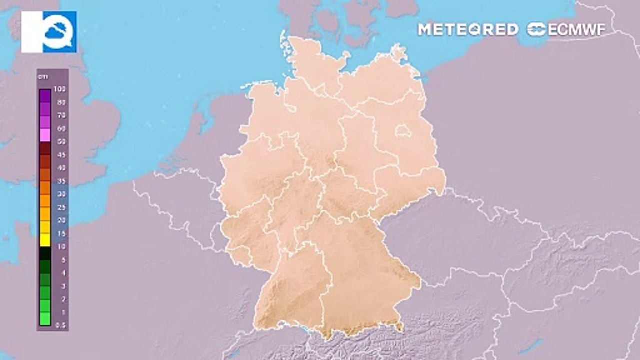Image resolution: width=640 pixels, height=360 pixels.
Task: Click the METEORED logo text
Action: (468, 29)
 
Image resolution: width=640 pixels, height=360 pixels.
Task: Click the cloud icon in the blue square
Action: (59, 32)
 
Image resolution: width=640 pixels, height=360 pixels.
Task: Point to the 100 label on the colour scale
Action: (62, 89)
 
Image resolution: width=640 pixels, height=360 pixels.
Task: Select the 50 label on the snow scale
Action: (62, 141)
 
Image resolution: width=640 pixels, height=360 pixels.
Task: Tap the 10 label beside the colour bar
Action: (62, 246)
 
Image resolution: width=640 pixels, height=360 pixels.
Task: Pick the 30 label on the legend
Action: (62, 194)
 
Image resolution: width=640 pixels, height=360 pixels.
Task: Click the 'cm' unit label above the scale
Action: (43, 76)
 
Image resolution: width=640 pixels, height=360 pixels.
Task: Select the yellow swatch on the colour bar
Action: (45, 240)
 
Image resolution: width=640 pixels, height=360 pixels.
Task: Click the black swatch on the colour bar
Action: (45, 253)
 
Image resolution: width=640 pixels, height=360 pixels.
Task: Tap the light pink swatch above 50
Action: (45, 135)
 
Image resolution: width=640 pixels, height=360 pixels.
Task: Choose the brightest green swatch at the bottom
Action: (45, 319)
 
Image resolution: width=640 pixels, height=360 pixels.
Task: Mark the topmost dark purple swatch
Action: (45, 95)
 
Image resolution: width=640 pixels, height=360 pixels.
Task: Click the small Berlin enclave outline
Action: (403, 132)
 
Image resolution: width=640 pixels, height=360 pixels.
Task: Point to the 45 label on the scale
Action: (62, 154)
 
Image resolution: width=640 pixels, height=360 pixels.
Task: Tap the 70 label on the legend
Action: (62, 115)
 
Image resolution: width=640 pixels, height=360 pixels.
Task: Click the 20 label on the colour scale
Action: (62, 220)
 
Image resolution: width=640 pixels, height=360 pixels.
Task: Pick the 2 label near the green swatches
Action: (63, 299)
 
